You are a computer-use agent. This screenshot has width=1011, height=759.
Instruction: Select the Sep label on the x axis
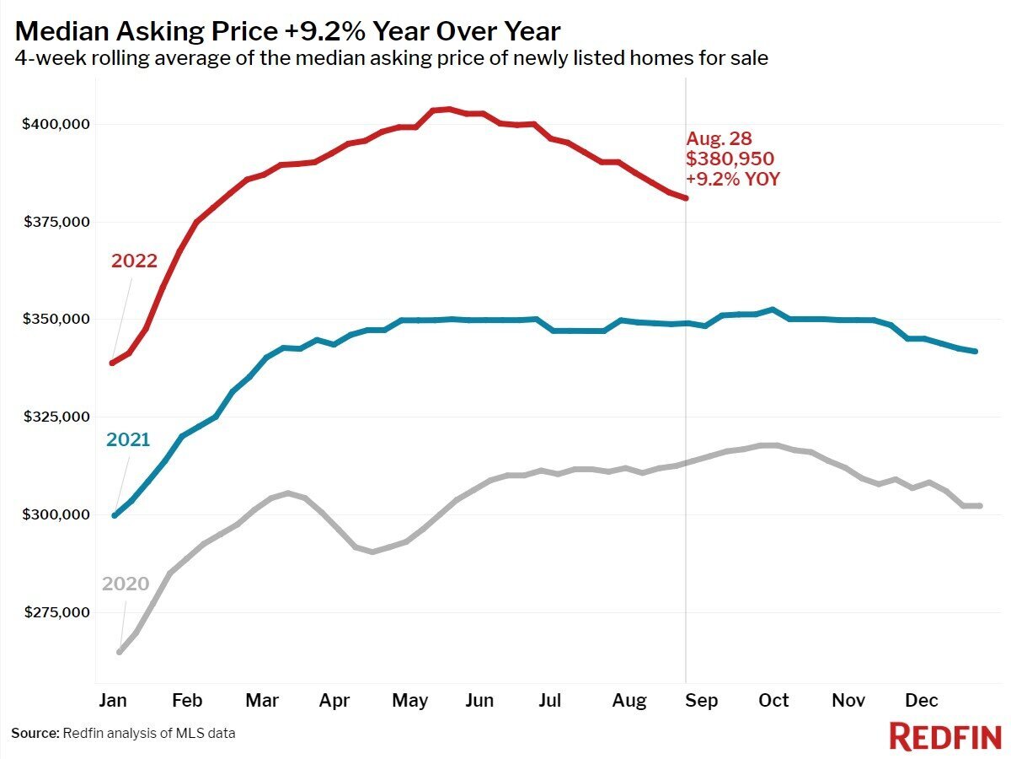701,701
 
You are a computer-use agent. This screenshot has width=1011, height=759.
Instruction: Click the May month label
411,701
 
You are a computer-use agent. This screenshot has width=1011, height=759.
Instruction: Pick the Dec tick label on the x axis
922,701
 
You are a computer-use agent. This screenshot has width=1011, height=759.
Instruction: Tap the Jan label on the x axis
113,701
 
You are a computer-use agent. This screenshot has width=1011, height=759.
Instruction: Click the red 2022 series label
135,261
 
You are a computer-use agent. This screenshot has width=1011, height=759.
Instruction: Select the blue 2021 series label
128,439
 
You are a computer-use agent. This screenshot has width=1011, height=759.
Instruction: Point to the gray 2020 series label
126,584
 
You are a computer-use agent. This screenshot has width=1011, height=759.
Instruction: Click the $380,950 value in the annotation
730,159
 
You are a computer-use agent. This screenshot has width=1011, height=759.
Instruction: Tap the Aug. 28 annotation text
718,138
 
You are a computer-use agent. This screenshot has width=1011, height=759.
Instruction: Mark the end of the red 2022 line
687,198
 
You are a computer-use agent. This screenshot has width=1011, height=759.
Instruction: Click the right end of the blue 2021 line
975,351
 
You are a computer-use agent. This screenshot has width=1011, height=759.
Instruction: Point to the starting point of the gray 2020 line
120,651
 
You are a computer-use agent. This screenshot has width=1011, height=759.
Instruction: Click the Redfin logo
944,735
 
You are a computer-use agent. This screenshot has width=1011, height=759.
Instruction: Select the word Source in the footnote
35,733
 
